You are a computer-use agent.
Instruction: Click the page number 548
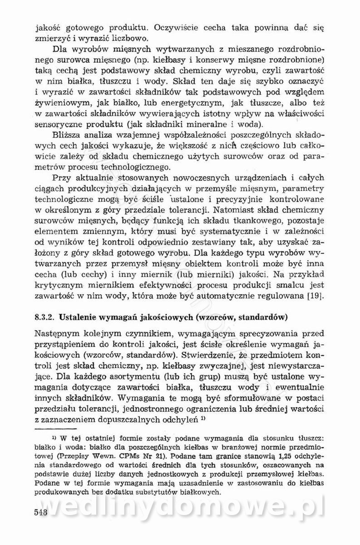tap(41, 523)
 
